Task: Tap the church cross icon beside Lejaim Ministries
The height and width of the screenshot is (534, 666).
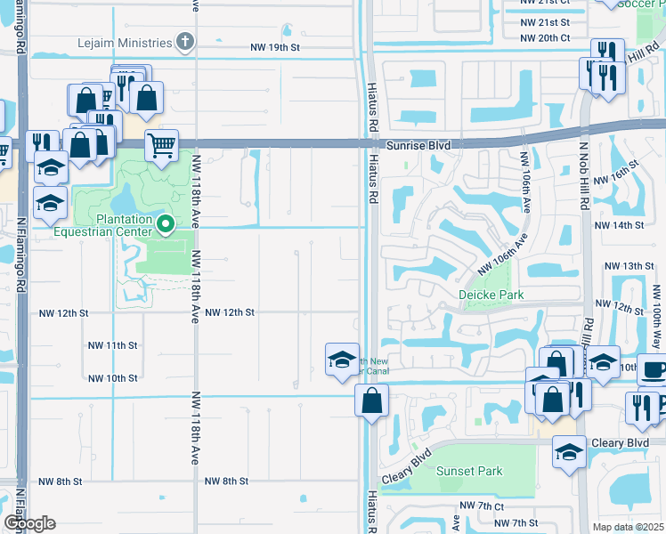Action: pos(185,42)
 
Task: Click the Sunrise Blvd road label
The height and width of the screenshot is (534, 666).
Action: pos(418,144)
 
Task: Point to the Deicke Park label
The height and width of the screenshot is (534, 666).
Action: pos(491,295)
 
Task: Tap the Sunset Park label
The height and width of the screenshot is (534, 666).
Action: pos(469,472)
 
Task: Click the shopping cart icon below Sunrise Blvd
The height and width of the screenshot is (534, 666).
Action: pos(161,145)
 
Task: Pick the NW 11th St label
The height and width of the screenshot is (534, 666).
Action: pos(112,345)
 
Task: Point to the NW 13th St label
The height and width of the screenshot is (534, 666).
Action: pos(629,266)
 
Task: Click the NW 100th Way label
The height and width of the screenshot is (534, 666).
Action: pos(658,317)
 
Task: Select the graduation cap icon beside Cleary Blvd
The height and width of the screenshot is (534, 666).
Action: pos(569,452)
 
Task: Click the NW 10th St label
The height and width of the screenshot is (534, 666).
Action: pos(112,378)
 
